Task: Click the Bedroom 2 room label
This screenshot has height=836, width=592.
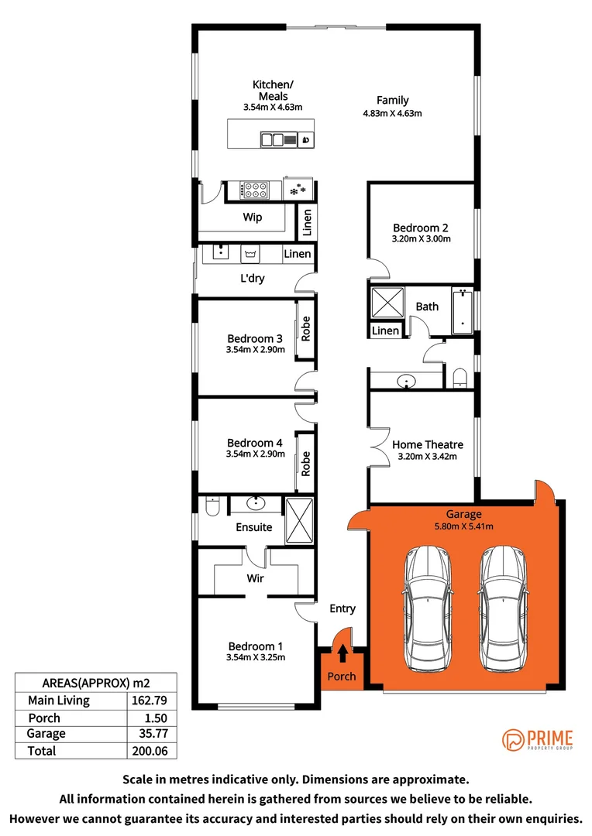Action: click(x=421, y=228)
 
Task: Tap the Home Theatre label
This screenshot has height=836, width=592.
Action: click(x=428, y=444)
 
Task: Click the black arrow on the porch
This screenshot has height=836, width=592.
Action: click(x=342, y=654)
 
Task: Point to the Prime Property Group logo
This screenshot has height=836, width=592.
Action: click(x=538, y=739)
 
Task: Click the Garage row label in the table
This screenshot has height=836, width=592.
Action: click(x=46, y=734)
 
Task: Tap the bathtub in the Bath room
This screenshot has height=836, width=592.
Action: click(x=463, y=311)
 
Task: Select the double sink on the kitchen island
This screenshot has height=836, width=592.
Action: click(x=273, y=140)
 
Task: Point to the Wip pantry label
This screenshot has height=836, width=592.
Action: click(x=253, y=218)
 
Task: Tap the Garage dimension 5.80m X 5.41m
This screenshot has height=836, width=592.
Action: click(x=463, y=526)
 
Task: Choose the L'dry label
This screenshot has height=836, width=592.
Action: click(x=253, y=278)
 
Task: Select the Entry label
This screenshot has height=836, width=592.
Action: click(x=342, y=608)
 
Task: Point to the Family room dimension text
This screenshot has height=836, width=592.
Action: click(x=392, y=113)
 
